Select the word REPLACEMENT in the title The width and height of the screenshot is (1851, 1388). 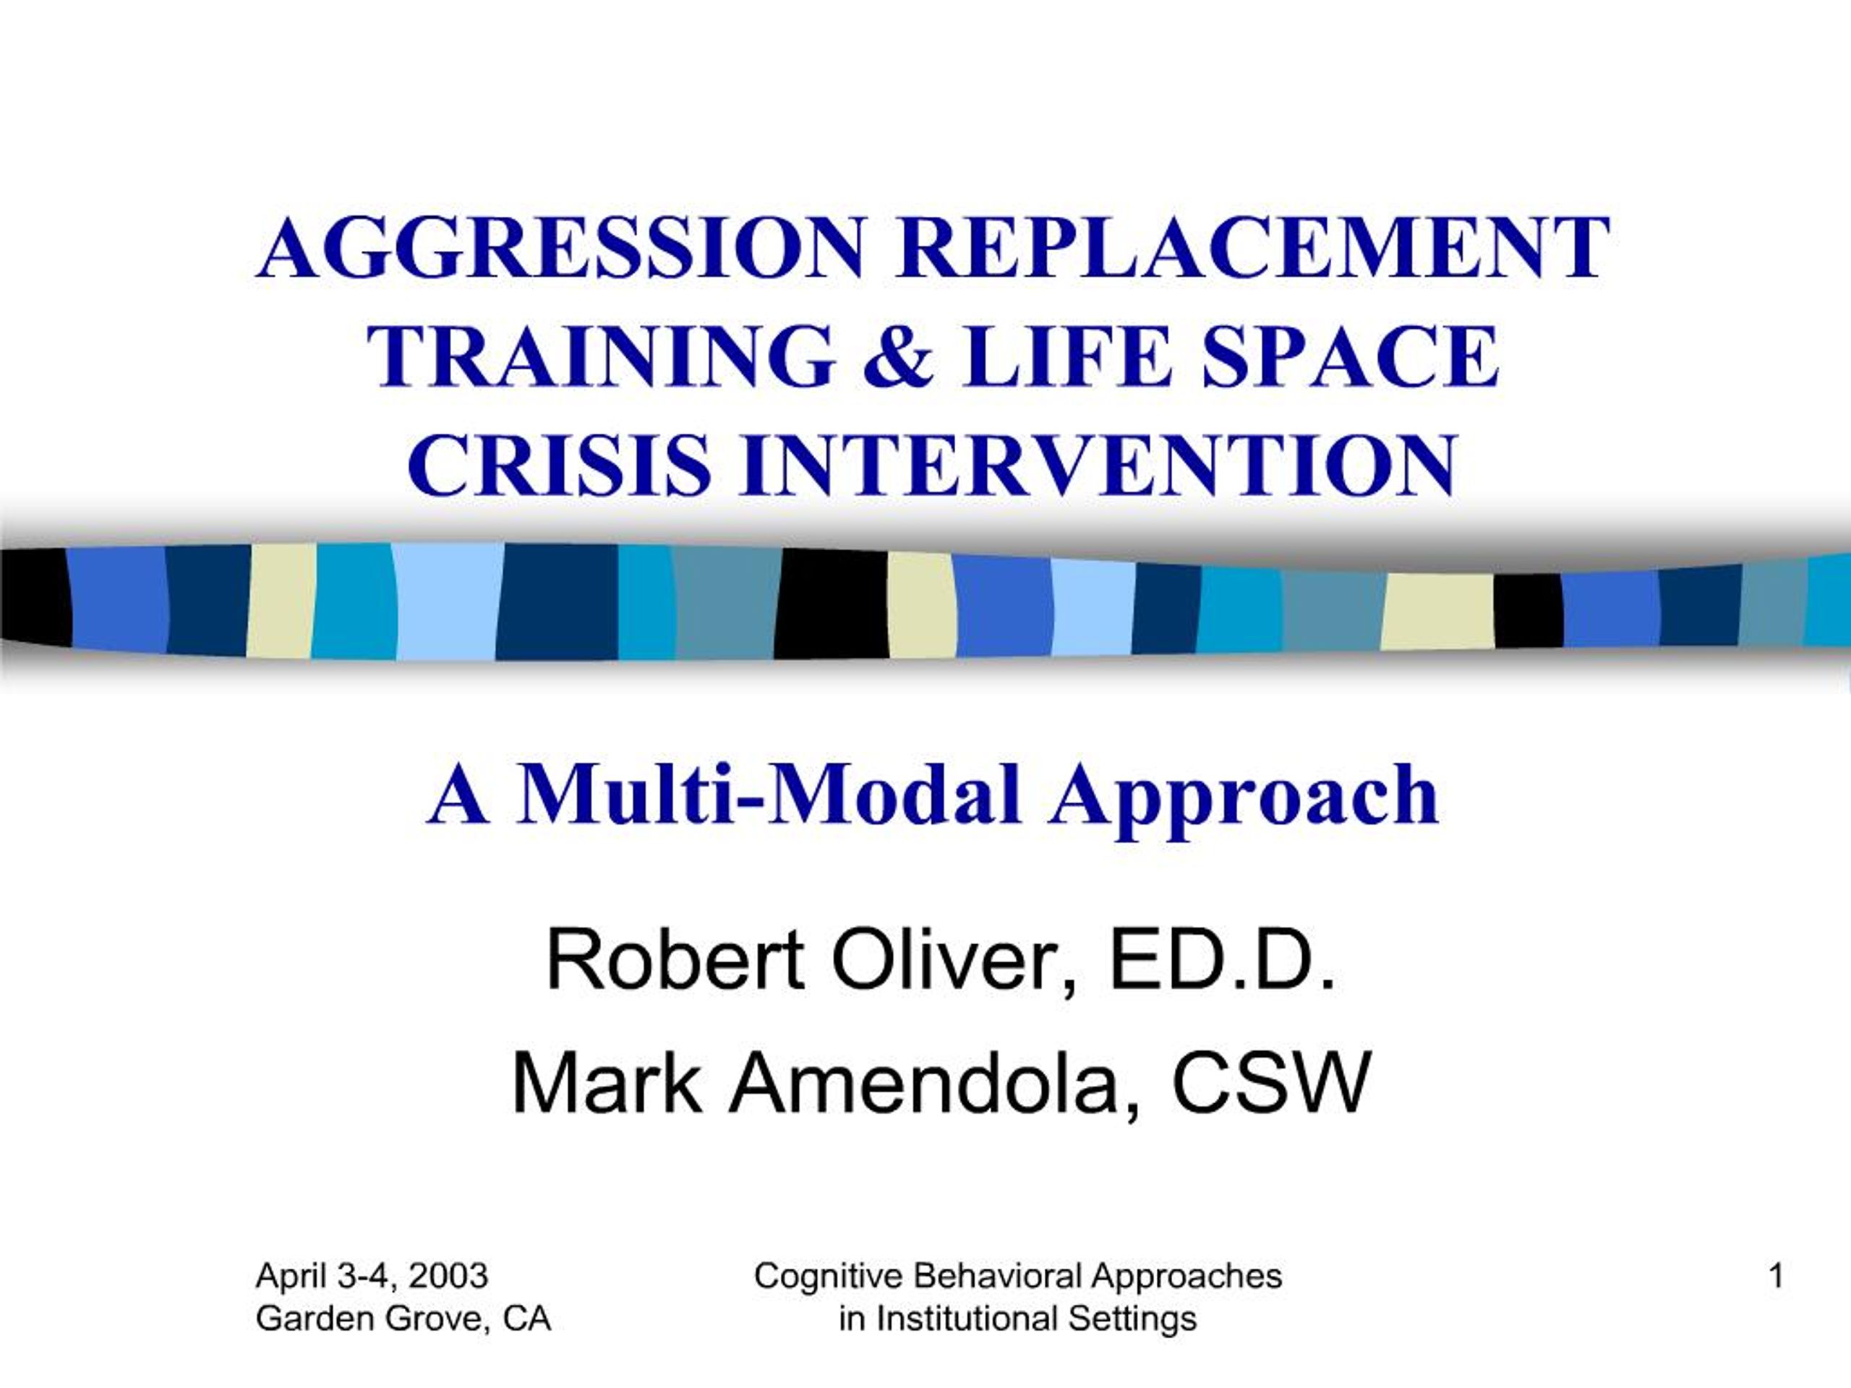click(1251, 249)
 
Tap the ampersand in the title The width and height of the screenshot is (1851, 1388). click(899, 356)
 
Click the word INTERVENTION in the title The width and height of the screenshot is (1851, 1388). click(1097, 465)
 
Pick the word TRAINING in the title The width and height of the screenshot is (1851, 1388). click(601, 356)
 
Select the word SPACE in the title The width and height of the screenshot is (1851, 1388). click(1349, 356)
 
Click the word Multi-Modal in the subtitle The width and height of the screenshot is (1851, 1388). click(769, 794)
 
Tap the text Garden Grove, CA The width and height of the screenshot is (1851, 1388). click(403, 1319)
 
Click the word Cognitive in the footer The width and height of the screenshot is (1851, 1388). click(828, 1277)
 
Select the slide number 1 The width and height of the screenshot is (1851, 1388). click(1776, 1277)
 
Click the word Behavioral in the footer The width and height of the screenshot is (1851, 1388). click(996, 1277)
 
